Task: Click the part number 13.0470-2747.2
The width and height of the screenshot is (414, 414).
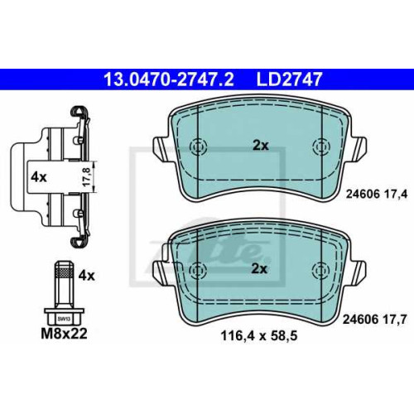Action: point(169,79)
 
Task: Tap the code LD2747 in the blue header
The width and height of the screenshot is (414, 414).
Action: point(289,79)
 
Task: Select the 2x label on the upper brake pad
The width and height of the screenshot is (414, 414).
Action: point(261,146)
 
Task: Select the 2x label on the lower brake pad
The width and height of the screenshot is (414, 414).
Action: point(259,268)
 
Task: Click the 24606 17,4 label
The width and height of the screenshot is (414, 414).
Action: point(377,195)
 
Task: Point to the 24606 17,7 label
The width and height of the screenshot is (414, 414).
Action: point(374,320)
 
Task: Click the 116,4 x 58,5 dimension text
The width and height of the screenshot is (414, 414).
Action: point(259,336)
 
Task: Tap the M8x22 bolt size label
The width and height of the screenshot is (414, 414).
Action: point(64,334)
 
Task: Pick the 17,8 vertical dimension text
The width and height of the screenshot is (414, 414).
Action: point(87,176)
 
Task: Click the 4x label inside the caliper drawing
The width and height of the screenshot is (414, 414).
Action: point(39,177)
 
